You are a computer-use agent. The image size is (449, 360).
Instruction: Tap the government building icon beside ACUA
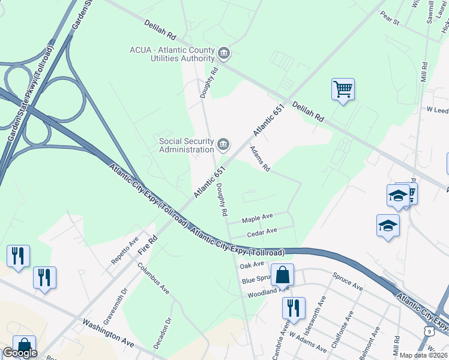[x=224, y=54]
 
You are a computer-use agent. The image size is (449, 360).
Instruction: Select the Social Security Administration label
[x=186, y=145]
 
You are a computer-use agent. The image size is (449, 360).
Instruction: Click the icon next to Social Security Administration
[x=223, y=144]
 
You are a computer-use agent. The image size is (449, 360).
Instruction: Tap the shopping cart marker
[x=343, y=89]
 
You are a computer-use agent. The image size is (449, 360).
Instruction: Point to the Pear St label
[x=390, y=20]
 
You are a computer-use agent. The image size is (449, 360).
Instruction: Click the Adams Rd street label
[x=260, y=159]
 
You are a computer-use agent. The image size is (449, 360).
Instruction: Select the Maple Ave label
[x=258, y=216]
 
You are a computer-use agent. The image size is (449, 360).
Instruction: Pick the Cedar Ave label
[x=262, y=231]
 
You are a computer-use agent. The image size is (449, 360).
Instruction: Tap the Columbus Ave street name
[x=154, y=280]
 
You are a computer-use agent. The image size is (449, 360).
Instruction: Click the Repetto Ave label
[x=124, y=251]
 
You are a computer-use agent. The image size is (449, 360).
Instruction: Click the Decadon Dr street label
[x=163, y=334]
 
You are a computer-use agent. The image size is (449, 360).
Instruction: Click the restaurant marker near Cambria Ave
[x=294, y=308]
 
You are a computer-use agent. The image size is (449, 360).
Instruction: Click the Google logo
[x=19, y=353]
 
